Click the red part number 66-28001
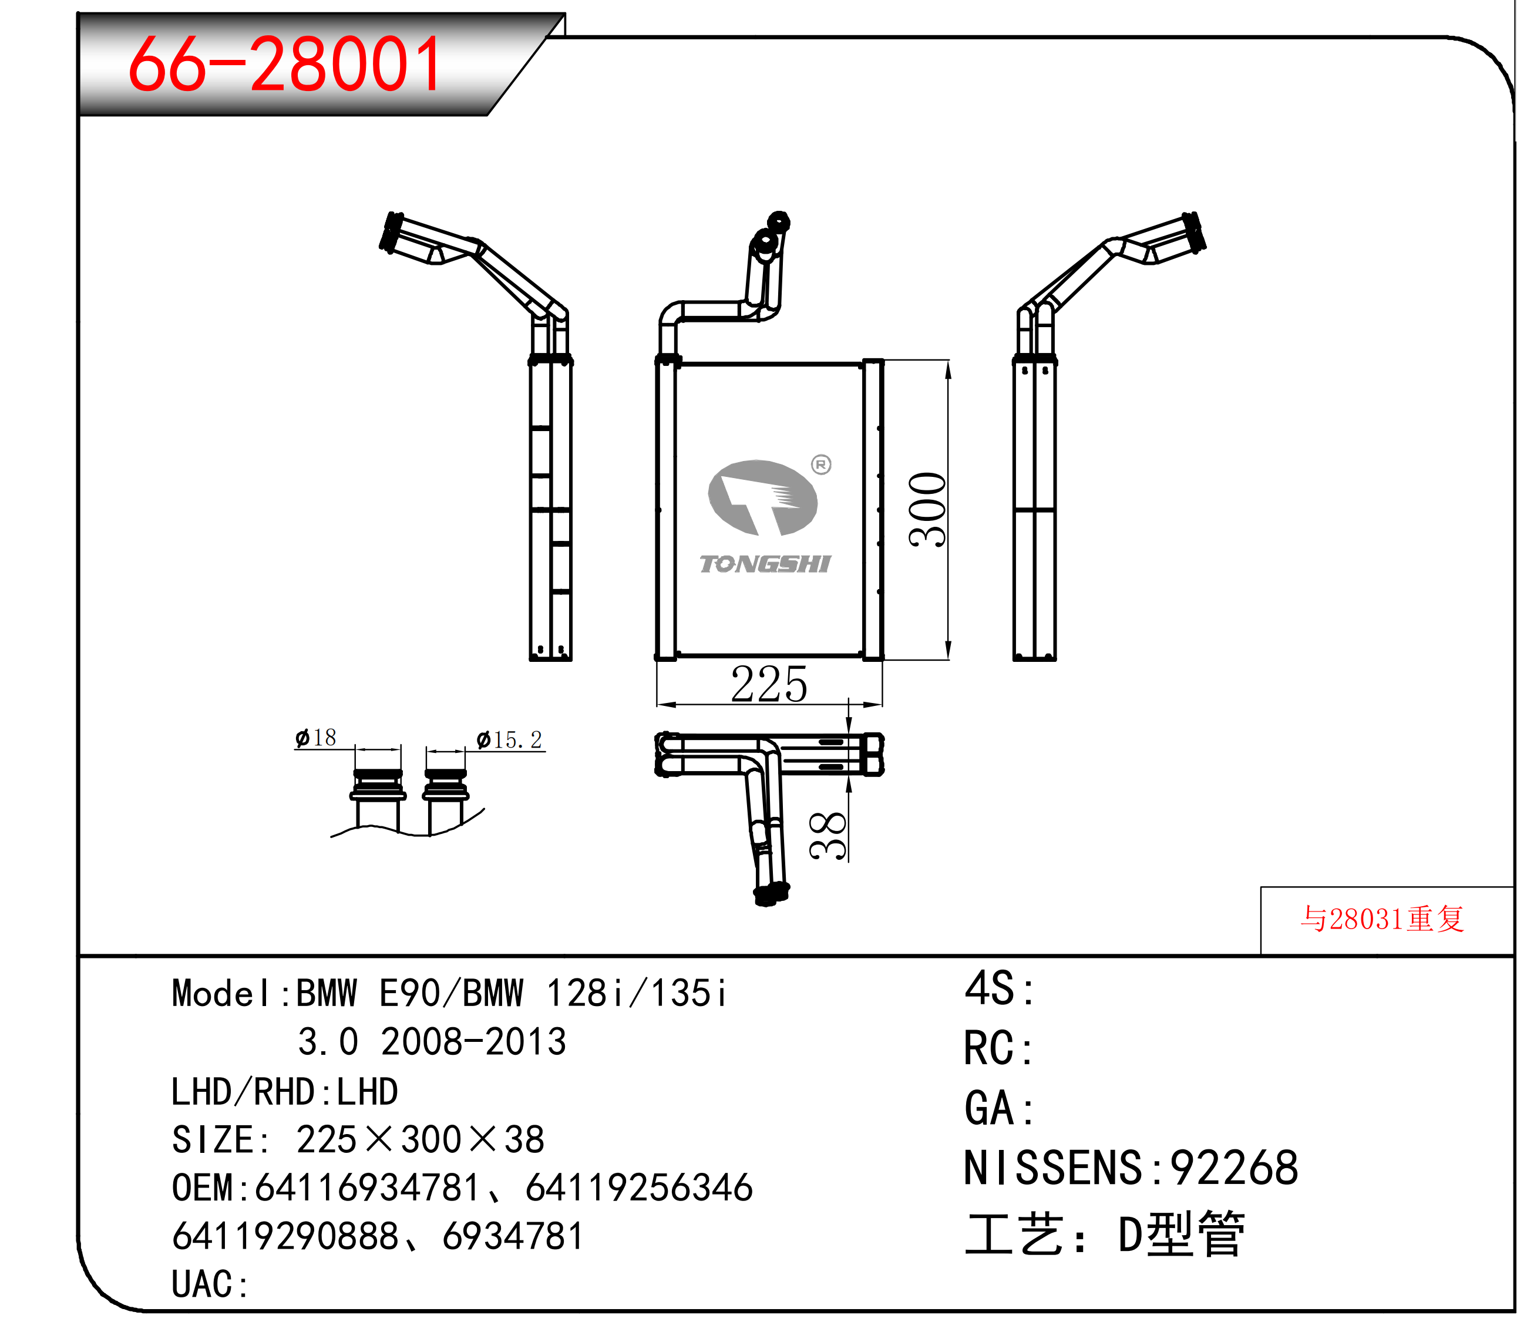[x=285, y=65]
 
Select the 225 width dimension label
[x=769, y=684]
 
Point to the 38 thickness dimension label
[x=828, y=836]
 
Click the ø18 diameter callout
[x=315, y=738]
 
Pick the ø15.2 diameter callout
[x=509, y=740]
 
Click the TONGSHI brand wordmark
[x=765, y=564]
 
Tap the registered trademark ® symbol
[x=821, y=465]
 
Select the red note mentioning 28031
[x=1382, y=919]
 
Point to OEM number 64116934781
[x=368, y=1188]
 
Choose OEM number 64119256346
[x=639, y=1188]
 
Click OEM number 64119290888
[x=286, y=1236]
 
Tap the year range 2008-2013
[x=473, y=1042]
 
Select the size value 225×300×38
[x=420, y=1139]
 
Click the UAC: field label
[x=211, y=1284]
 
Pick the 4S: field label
[x=999, y=988]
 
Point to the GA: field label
[x=999, y=1109]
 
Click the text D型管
[x=1182, y=1234]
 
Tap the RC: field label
[x=999, y=1048]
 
